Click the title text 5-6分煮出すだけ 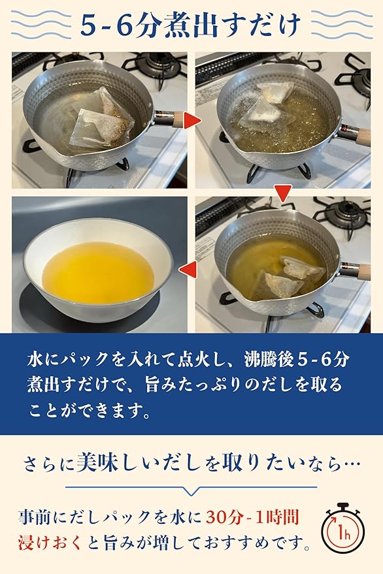[x=191, y=25]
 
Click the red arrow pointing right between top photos [x=191, y=120]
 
